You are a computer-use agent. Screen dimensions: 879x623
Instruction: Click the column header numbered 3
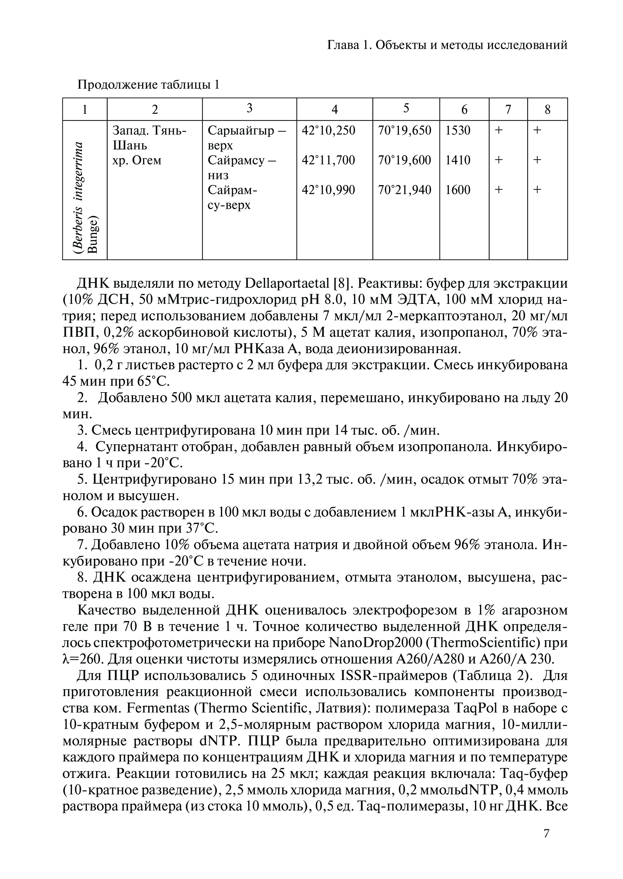coord(249,109)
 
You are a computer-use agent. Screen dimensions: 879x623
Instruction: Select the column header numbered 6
coord(464,110)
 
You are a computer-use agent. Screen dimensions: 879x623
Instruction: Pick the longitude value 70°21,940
coord(405,190)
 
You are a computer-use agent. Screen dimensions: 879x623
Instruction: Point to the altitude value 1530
coord(458,130)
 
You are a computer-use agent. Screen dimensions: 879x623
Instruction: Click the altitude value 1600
coord(458,190)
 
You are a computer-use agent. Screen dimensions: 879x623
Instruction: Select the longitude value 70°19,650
coord(405,130)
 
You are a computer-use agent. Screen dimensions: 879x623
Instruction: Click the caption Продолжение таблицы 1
coord(148,84)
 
